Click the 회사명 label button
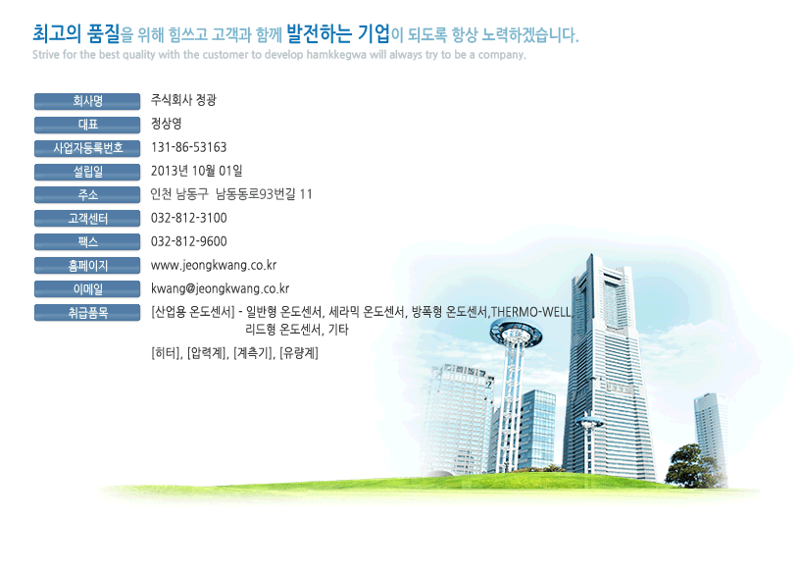87,101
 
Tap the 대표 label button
87,125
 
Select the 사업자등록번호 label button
87,148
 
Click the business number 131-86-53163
189,147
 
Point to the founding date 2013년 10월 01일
196,171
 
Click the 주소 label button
87,194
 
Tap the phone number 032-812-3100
189,218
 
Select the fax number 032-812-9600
189,241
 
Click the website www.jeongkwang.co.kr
214,266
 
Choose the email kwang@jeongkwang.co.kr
220,289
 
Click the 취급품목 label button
87,313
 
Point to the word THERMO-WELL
531,312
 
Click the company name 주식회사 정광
183,100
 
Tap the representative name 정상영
167,124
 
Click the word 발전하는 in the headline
319,33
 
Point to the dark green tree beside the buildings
694,465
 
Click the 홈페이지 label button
87,266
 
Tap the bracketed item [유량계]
299,353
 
